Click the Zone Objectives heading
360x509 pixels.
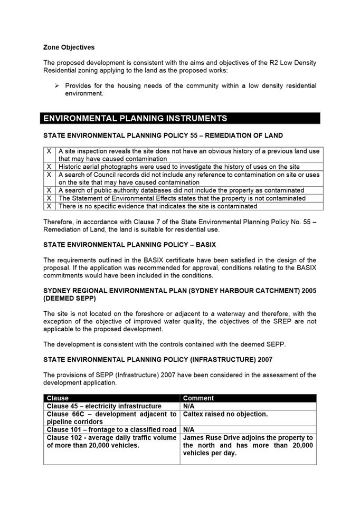pyautogui.click(x=69, y=47)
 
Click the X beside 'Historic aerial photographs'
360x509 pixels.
pyautogui.click(x=49, y=167)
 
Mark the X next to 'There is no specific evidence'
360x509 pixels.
pyautogui.click(x=49, y=206)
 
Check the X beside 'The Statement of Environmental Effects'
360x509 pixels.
pyautogui.click(x=49, y=198)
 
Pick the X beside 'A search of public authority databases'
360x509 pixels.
pyautogui.click(x=49, y=190)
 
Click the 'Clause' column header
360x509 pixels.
pyautogui.click(x=58, y=398)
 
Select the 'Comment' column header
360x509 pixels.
pyautogui.click(x=198, y=398)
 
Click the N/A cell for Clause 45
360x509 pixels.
pyautogui.click(x=189, y=406)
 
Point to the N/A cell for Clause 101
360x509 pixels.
pyautogui.click(x=189, y=430)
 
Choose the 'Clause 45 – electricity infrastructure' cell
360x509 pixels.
pyautogui.click(x=104, y=406)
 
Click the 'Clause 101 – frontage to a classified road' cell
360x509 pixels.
pyautogui.click(x=111, y=430)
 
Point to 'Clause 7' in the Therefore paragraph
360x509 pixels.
pyautogui.click(x=139, y=222)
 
